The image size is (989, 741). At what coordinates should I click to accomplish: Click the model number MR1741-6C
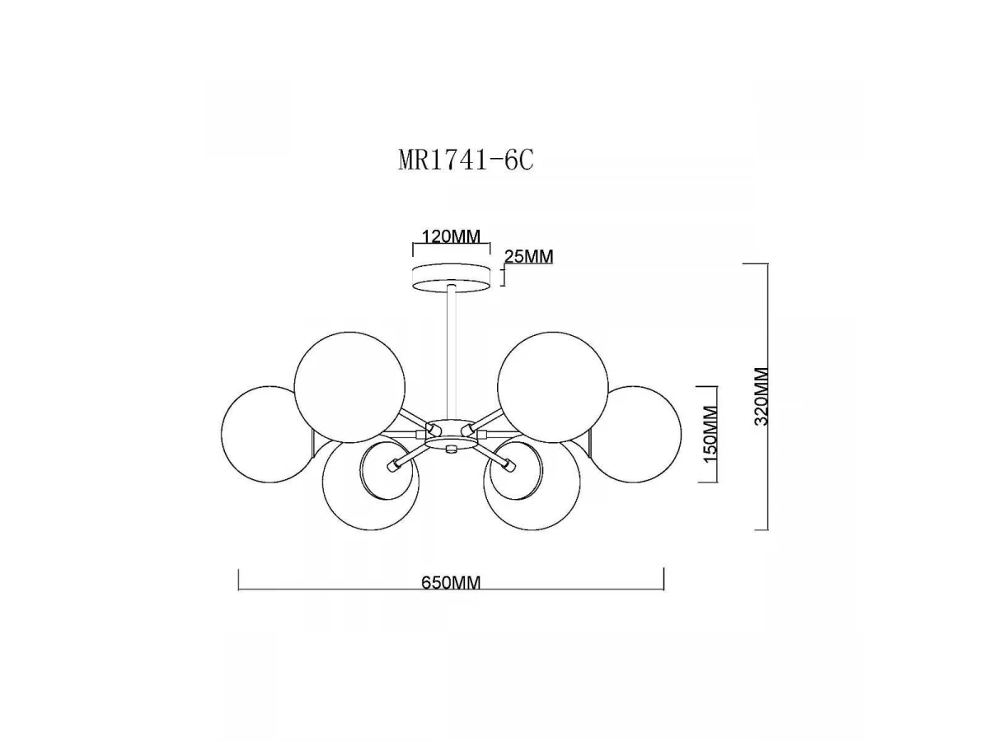point(466,160)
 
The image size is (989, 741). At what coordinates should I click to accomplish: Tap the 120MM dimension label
point(451,236)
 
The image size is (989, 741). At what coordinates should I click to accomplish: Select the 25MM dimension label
point(528,256)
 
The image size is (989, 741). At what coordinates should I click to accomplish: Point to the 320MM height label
point(762,396)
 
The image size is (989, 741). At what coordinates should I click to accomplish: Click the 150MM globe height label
point(710,433)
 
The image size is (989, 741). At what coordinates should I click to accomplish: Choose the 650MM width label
point(451,583)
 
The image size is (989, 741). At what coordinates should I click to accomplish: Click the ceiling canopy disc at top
point(452,277)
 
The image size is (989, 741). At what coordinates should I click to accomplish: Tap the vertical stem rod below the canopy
point(451,353)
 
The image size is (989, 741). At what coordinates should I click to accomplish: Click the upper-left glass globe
point(349,388)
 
